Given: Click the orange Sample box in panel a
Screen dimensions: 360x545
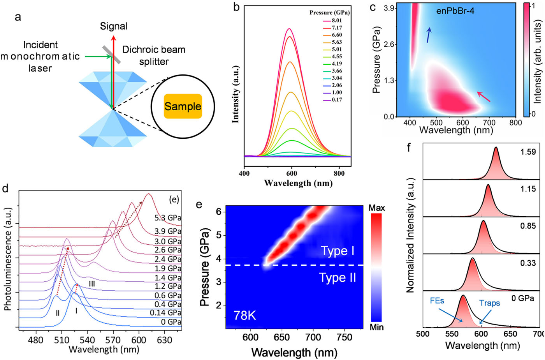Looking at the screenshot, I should (183, 106).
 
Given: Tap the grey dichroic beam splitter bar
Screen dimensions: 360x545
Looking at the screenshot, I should (112, 55).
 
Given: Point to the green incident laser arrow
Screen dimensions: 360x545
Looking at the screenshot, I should (97, 56).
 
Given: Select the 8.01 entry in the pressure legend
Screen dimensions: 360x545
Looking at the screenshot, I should (336, 21).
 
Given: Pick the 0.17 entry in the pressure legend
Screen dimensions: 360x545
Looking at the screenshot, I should (336, 100).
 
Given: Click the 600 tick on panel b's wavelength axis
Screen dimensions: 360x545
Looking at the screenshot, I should (292, 173).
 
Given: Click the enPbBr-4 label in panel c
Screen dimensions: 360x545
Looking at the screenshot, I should (455, 11).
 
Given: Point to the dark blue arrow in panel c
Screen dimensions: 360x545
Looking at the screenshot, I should (429, 35).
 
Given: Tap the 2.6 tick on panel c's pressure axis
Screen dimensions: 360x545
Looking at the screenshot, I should (390, 44).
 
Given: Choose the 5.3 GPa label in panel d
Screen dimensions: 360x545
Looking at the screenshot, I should (168, 218).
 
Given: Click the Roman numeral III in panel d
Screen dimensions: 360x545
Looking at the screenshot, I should (92, 284).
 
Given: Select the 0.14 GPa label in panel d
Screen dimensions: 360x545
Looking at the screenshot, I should (165, 313).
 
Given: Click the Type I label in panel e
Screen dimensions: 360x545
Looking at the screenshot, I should (338, 251).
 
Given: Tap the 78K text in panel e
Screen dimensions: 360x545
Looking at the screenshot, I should (244, 315).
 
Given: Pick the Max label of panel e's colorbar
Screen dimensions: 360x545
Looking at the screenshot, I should (376, 208).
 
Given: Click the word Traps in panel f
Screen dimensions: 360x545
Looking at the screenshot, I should (489, 303).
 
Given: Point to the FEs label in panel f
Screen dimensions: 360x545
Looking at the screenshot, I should (437, 301).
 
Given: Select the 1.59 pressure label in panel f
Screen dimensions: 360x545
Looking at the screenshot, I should (528, 152).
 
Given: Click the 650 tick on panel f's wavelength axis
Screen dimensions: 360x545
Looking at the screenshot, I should (510, 334).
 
